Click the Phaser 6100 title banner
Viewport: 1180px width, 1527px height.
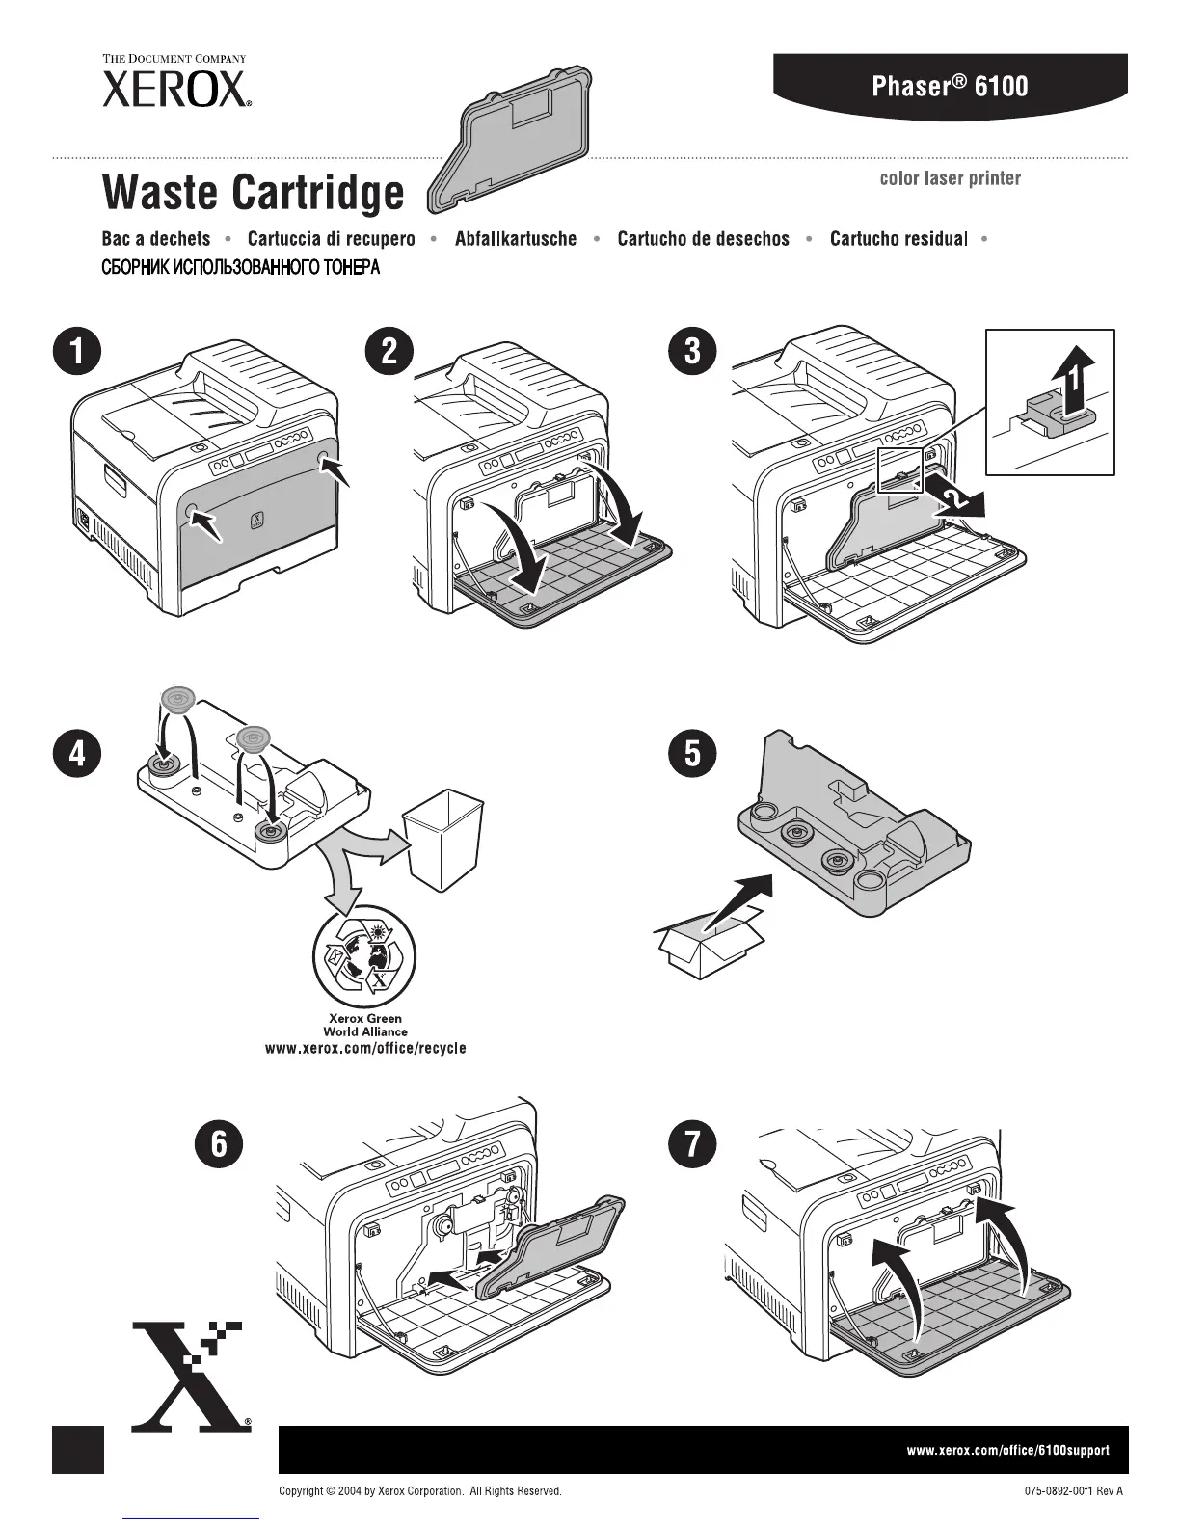pyautogui.click(x=950, y=86)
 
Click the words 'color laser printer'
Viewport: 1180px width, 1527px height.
pyautogui.click(x=950, y=178)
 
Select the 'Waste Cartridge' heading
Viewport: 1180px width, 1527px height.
pyautogui.click(x=253, y=192)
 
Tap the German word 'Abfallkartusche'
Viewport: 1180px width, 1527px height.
pyautogui.click(x=516, y=239)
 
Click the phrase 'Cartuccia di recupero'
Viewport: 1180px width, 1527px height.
pyautogui.click(x=331, y=239)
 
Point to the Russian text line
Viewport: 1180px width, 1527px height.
pyautogui.click(x=241, y=267)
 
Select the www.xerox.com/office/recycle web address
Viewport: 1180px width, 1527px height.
pyautogui.click(x=365, y=1048)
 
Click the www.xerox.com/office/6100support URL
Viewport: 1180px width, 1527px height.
pyautogui.click(x=1007, y=1449)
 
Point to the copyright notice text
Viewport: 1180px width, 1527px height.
pyautogui.click(x=419, y=1491)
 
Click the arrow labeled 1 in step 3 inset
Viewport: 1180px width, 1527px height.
pyautogui.click(x=1071, y=383)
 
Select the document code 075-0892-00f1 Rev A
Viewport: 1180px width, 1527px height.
pyautogui.click(x=1074, y=1491)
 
